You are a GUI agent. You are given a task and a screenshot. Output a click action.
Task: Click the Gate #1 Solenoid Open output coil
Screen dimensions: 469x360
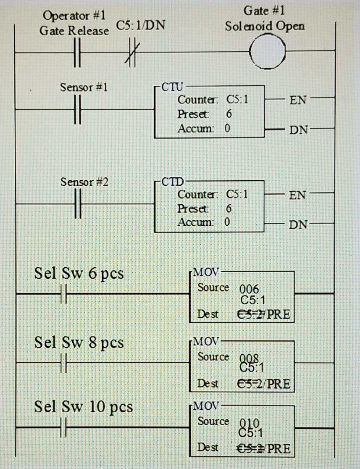pyautogui.click(x=267, y=53)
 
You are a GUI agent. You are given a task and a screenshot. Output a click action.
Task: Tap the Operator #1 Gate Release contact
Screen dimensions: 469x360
pyautogui.click(x=76, y=53)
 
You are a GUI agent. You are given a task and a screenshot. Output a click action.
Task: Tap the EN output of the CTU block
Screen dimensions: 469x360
pyautogui.click(x=297, y=100)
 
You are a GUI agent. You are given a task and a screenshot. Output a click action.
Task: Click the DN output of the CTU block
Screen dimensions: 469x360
pyautogui.click(x=297, y=129)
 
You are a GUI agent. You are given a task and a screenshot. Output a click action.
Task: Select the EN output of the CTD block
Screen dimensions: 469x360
pyautogui.click(x=297, y=195)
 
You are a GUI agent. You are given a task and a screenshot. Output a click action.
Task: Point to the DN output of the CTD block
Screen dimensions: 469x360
pyautogui.click(x=297, y=224)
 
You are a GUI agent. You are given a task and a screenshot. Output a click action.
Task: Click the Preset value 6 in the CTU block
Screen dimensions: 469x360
pyautogui.click(x=229, y=114)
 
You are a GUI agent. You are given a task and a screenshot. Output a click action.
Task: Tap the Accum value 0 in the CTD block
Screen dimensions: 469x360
pyautogui.click(x=227, y=221)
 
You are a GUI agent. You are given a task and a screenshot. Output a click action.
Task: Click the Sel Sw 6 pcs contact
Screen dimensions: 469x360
pyautogui.click(x=64, y=293)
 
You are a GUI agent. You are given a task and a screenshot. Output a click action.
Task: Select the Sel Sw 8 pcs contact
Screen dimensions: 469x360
pyautogui.click(x=64, y=362)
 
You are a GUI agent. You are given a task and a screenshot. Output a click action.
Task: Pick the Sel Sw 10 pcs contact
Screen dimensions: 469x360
pyautogui.click(x=64, y=427)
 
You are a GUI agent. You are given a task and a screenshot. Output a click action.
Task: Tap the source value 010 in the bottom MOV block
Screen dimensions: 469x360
pyautogui.click(x=250, y=422)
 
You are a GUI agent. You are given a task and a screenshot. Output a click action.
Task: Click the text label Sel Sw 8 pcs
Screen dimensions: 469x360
pyautogui.click(x=79, y=343)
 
